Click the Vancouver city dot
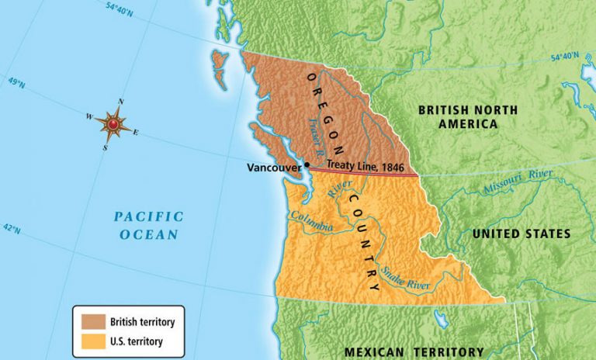(x=307, y=164)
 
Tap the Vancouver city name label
(x=274, y=167)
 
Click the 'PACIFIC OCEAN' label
(x=148, y=225)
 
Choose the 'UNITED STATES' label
(x=521, y=234)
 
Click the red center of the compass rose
(x=113, y=124)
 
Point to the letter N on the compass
(x=120, y=102)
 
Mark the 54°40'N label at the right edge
(x=566, y=57)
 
